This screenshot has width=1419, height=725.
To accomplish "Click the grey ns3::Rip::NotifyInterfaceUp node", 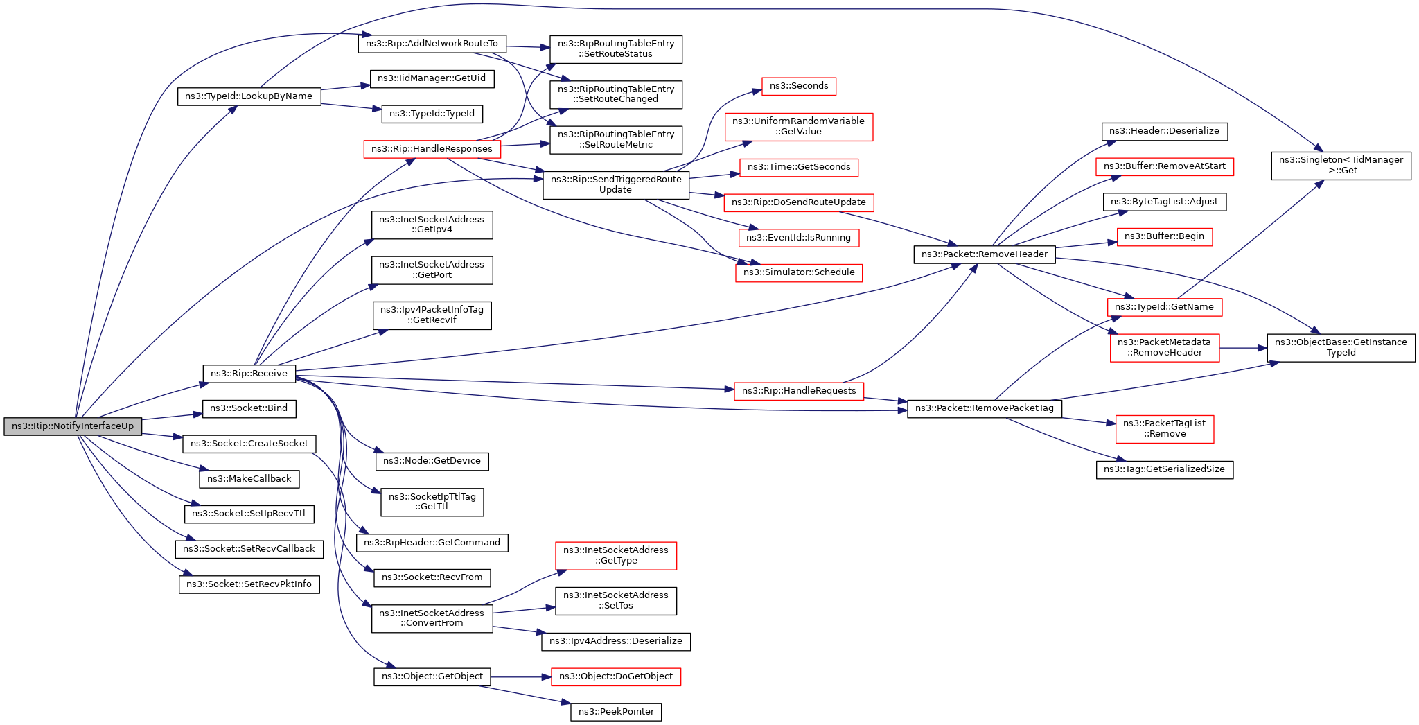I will [x=73, y=426].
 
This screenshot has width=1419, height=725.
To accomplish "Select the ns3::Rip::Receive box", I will [x=249, y=374].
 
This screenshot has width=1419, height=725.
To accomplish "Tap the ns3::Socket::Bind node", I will [x=249, y=408].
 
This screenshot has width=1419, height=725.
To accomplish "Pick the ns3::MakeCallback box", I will [x=249, y=479].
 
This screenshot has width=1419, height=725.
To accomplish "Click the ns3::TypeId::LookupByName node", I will [x=249, y=96].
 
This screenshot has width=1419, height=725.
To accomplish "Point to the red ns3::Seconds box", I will [x=799, y=86].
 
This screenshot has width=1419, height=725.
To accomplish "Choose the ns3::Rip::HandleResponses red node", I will [x=432, y=149].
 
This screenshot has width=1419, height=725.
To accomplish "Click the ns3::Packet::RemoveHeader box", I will [x=984, y=254].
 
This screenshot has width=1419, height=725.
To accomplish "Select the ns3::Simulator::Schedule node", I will [x=799, y=272].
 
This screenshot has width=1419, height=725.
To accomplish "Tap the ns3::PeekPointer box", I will [x=616, y=712].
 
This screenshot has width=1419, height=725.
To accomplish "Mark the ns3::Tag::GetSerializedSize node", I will [x=1164, y=469].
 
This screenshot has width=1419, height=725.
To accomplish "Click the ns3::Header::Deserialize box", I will [x=1164, y=131].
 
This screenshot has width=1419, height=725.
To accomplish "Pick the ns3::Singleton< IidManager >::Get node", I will [x=1341, y=166].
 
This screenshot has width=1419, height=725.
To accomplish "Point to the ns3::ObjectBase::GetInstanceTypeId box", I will [x=1341, y=347].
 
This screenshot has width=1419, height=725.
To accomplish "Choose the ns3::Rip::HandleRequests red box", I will [x=799, y=391].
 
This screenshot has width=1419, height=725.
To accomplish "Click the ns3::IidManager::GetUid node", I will [x=432, y=78].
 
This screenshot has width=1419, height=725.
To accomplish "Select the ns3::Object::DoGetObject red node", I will [x=615, y=676].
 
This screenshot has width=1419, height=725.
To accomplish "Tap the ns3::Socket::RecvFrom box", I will [x=432, y=577].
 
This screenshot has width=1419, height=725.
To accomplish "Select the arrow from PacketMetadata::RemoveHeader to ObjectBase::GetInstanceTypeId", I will [x=1243, y=347].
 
